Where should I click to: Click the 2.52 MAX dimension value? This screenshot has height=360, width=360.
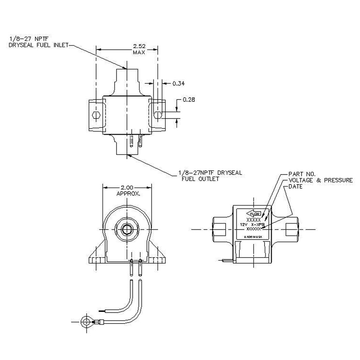[x=139, y=49]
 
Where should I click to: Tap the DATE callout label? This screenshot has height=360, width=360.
[x=296, y=186]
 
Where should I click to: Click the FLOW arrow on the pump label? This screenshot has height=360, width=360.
[x=254, y=214]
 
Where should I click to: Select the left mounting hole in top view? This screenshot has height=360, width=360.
[x=96, y=115]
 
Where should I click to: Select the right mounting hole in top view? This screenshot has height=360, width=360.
[x=158, y=115]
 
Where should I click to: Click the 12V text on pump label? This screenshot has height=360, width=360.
[x=243, y=225]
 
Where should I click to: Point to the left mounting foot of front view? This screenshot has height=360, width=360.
[x=97, y=257]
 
